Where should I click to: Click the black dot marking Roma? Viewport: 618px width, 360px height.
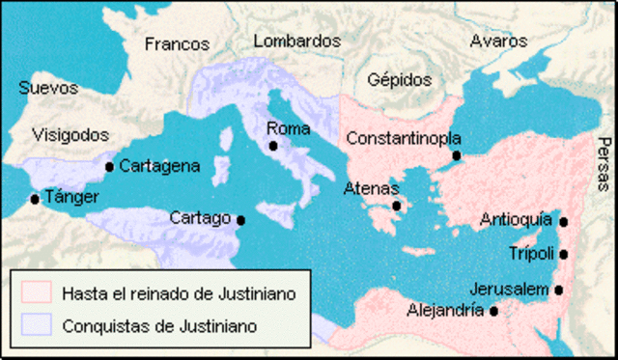click(x=274, y=146)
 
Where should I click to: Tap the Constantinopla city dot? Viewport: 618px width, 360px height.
click(x=456, y=155)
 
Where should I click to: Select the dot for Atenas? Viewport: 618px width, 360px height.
click(x=396, y=205)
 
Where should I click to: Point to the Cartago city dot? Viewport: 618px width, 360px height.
click(x=240, y=220)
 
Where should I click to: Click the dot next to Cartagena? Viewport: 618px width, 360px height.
click(x=109, y=166)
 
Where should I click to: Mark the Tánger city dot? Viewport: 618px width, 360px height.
click(x=35, y=200)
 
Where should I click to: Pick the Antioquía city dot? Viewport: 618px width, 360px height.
click(x=563, y=222)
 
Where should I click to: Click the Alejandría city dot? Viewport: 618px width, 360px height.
click(x=493, y=311)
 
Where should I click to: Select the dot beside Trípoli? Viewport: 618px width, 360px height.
click(x=563, y=255)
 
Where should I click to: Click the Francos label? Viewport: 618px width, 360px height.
click(x=177, y=43)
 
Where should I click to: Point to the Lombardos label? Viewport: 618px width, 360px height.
click(x=298, y=42)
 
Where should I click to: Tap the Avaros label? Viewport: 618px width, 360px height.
click(x=498, y=42)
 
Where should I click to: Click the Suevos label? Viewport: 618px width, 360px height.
click(x=47, y=88)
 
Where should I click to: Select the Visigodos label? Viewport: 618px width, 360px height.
click(x=70, y=135)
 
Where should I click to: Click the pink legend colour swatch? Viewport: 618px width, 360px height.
click(x=36, y=291)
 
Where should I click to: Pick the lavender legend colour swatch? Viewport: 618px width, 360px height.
click(x=36, y=325)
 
